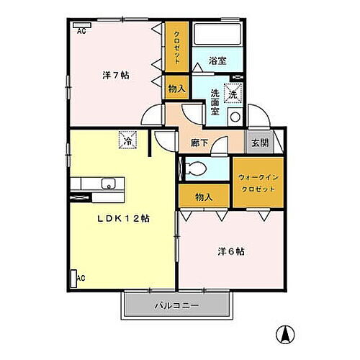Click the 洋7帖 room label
tap(114, 75)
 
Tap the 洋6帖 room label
tap(230, 252)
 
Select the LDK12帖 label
tap(124, 217)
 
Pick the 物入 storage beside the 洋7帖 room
tap(175, 89)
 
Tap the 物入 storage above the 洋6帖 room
tap(204, 197)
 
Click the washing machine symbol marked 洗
tap(234, 92)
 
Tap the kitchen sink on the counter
tap(108, 182)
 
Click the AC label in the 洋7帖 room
tap(81, 30)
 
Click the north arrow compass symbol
tap(286, 335)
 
